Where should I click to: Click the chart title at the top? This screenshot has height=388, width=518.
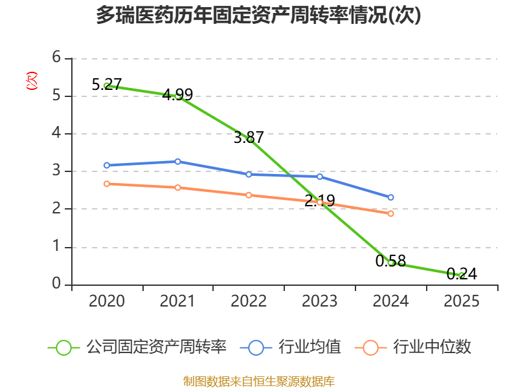pos(258,16)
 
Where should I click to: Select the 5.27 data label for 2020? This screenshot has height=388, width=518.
pos(107,85)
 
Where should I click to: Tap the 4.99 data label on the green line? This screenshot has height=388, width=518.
pos(177,94)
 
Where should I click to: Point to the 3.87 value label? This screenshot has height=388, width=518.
pos(249,137)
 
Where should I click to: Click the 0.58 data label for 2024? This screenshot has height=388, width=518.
pos(390,261)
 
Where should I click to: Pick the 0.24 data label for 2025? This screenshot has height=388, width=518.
pos(462,274)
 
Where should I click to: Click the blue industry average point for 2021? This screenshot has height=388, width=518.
pos(177,162)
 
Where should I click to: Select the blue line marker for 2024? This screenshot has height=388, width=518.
pos(390,197)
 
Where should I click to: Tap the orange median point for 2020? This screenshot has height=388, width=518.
pos(107,184)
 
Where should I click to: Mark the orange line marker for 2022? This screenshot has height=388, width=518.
pos(249,195)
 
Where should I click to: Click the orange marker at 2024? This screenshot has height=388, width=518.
pos(390,214)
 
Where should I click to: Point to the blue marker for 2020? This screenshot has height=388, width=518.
pos(107,166)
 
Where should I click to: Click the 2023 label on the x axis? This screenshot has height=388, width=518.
pos(319,301)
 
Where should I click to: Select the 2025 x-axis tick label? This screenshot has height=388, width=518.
pos(462,301)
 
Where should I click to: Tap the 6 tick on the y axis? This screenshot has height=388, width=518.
pos(56,58)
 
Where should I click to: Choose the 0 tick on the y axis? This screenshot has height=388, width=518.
pos(56,283)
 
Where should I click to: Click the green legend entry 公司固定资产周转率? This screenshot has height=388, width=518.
pos(137,347)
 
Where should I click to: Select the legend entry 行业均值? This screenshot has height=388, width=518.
pos(290,347)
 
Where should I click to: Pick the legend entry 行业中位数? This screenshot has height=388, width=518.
pos(412,347)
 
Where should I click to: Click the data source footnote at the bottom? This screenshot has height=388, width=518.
pos(259,382)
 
